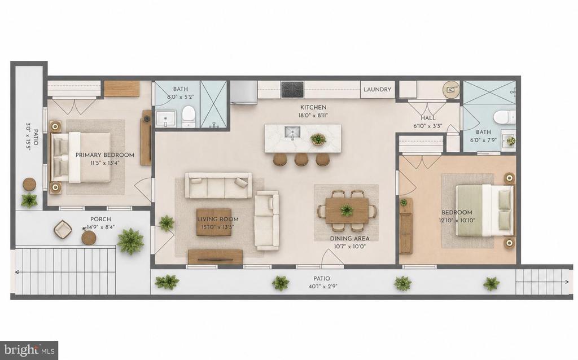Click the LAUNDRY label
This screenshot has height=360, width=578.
click(x=377, y=90)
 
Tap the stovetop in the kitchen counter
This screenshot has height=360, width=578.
click(x=292, y=90)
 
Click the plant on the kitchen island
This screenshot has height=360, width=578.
click(x=318, y=139)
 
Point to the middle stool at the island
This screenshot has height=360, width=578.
click(x=301, y=159)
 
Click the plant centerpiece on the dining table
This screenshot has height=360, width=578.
click(x=347, y=210)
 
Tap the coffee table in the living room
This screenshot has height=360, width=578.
click(x=217, y=222)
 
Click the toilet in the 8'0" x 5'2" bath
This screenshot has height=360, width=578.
click(x=189, y=116)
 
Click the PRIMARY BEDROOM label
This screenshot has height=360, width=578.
click(x=104, y=155)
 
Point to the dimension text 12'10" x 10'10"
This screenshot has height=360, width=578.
click(x=457, y=221)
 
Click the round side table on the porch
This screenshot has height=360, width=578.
click(x=89, y=238)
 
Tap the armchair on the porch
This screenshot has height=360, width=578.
click(x=63, y=229)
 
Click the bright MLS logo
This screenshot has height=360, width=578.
click(x=29, y=350)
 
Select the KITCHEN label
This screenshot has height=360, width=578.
click(x=313, y=107)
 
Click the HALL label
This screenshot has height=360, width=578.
click(x=428, y=118)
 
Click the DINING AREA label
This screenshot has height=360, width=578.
click(x=349, y=239)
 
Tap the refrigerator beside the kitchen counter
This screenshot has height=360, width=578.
click(x=244, y=92)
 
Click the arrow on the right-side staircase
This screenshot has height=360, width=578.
click(x=542, y=282)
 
